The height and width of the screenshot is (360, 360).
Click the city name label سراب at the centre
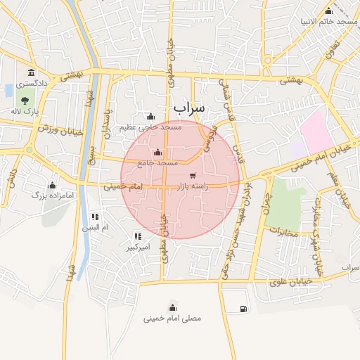click(x=188, y=108)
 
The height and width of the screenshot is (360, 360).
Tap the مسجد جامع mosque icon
click(x=157, y=153)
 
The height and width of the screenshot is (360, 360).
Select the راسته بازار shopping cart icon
click(x=193, y=175)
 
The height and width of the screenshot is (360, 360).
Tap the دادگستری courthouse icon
click(x=30, y=73)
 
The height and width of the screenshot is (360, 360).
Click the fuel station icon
click(x=243, y=308)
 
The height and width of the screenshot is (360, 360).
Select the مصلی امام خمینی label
click(x=172, y=319)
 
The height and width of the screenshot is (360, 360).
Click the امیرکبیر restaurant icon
click(x=138, y=236)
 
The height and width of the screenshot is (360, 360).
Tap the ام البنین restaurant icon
click(x=95, y=217)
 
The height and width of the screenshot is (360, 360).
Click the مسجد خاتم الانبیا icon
click(x=329, y=11)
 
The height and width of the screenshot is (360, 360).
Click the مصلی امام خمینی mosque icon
click(x=172, y=307)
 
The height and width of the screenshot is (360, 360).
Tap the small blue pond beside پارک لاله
click(x=8, y=91)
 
